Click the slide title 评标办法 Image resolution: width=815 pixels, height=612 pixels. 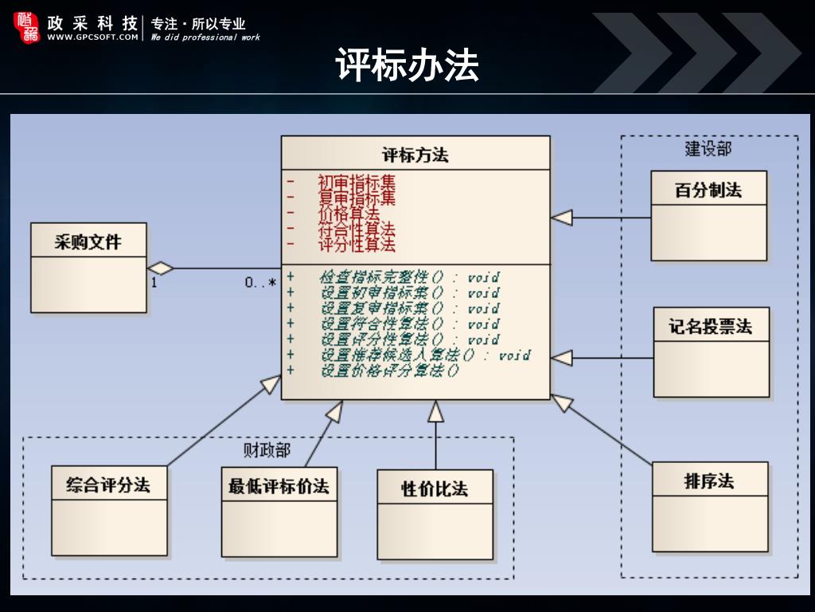point(407,65)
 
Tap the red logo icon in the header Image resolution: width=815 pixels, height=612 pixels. point(26,27)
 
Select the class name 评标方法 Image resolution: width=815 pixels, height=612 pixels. point(415,155)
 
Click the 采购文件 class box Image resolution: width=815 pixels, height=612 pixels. point(88,267)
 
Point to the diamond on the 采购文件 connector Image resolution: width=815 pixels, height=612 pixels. point(161,267)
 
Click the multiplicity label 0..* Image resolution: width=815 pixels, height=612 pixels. point(260,282)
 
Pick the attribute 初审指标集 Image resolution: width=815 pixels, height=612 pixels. point(356,182)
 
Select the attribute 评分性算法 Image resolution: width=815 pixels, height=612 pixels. point(356,245)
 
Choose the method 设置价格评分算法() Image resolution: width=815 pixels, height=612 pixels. point(390,371)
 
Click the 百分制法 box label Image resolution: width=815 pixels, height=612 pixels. point(708,190)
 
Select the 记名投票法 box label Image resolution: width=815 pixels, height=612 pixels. point(711,327)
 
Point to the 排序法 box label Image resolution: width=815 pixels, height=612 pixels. point(709,481)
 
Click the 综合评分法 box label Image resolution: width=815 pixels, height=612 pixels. point(108,484)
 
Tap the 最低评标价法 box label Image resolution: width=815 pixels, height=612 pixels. point(279,486)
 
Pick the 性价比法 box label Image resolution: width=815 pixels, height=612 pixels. point(435,488)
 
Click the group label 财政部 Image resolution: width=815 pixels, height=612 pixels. point(267,450)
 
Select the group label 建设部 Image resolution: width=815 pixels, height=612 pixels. point(708,149)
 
